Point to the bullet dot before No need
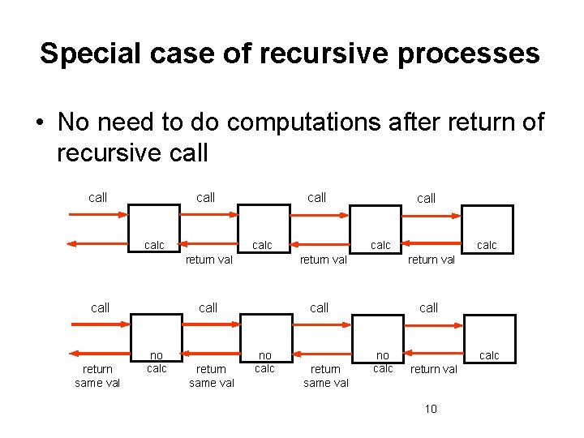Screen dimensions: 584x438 [38, 123]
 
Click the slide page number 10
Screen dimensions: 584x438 [431, 409]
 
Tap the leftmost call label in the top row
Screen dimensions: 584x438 [97, 197]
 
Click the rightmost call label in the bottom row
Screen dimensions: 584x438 [428, 307]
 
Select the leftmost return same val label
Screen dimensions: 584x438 [97, 376]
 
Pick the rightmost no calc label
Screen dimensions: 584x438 [383, 362]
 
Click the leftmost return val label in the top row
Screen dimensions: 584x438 [209, 260]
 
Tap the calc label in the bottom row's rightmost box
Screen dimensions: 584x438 [489, 355]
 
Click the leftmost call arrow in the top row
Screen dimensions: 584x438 [98, 214]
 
